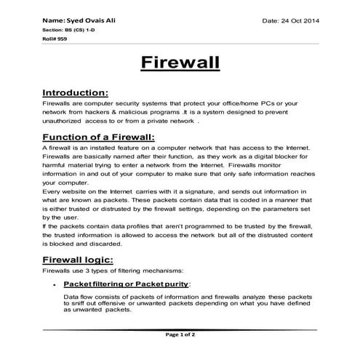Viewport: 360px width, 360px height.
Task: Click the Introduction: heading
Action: (x=76, y=93)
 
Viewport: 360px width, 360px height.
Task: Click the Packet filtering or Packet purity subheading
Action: (x=127, y=283)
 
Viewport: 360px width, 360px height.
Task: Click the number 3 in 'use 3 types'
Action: (x=76, y=271)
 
